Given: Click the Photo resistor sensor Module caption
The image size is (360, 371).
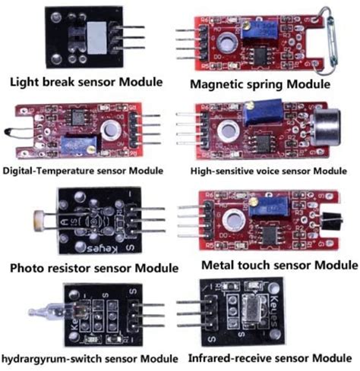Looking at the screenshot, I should pos(94,268).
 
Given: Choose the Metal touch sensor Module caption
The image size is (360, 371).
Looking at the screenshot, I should pos(279,266).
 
